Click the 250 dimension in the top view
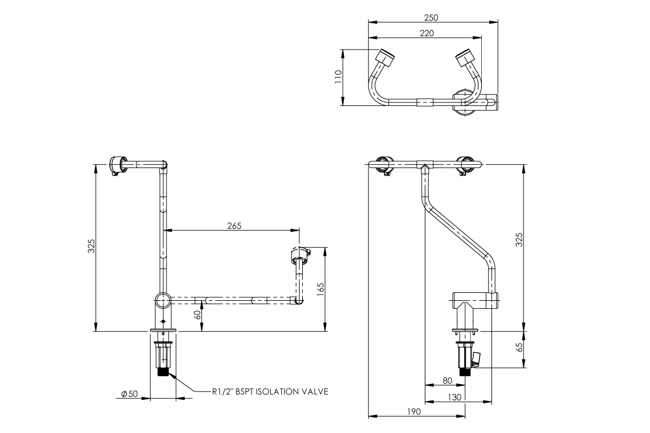432,18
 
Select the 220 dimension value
426,33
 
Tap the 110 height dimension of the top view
338,77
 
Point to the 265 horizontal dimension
234,226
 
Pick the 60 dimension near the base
197,317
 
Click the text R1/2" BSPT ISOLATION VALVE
270,391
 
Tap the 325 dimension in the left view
92,246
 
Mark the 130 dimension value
454,398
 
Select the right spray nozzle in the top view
465,57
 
